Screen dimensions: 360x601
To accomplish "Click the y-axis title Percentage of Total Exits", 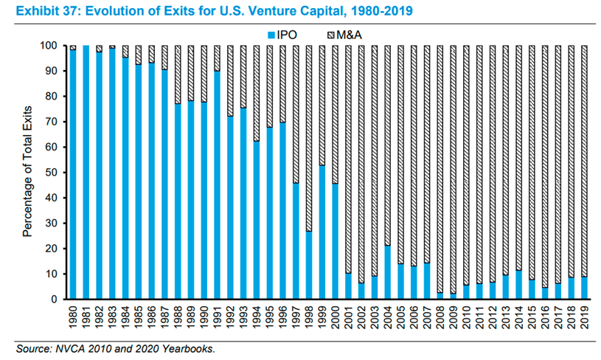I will click(x=28, y=173).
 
